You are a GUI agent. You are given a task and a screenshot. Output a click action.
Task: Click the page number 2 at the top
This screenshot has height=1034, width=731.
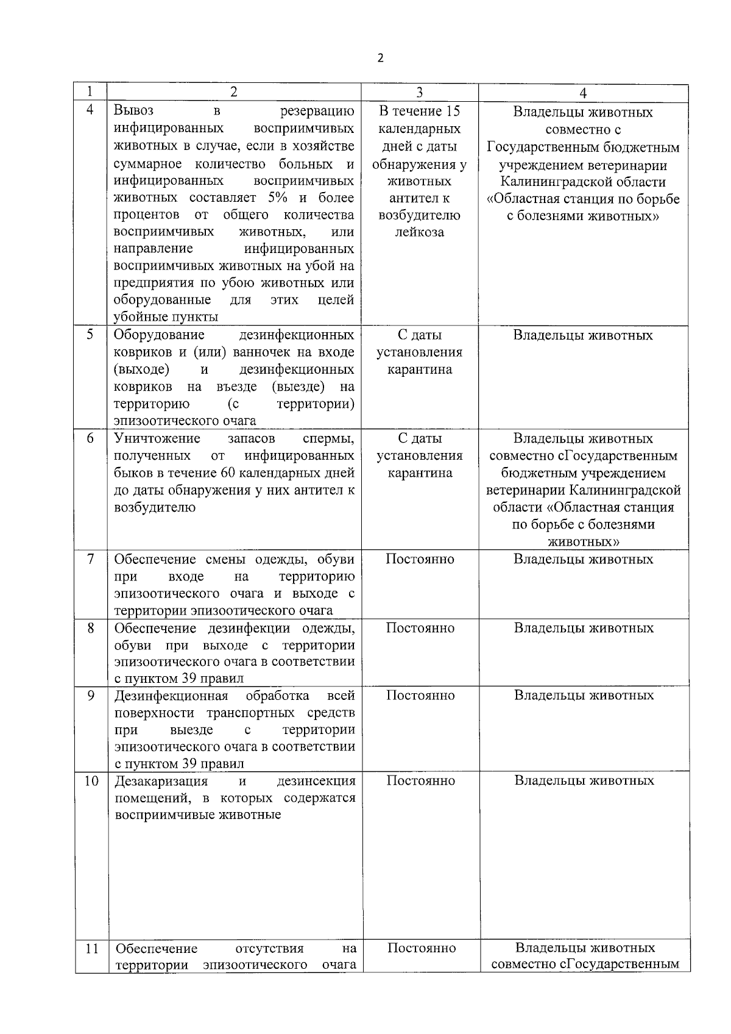tap(381, 59)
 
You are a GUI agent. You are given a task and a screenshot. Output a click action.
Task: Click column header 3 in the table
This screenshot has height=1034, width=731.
tap(419, 93)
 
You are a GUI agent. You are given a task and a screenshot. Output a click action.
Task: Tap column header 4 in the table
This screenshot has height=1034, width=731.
tap(583, 93)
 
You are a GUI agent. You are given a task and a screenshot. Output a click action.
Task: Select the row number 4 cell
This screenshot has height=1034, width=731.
tap(90, 110)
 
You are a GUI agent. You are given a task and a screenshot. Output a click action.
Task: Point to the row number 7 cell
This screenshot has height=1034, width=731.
tap(90, 559)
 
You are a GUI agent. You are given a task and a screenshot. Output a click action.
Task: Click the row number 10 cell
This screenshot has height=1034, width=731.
tap(91, 781)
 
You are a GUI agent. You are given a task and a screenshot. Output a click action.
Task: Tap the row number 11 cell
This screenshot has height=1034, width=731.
tap(91, 948)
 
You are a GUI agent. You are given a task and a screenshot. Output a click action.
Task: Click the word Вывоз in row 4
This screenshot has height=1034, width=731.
tap(133, 111)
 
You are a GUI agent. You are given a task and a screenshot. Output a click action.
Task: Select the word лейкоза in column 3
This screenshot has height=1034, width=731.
tap(419, 232)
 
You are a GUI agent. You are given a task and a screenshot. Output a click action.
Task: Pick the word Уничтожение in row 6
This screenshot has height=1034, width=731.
tap(157, 438)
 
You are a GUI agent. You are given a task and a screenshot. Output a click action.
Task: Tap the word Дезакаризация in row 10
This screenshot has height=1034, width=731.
tap(161, 782)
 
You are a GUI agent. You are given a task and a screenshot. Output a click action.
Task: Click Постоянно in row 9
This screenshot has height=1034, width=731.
tap(420, 696)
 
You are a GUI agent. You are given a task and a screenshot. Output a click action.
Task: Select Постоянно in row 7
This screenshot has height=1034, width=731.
tap(420, 559)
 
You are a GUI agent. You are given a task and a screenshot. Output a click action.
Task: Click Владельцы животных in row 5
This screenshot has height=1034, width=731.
tap(582, 335)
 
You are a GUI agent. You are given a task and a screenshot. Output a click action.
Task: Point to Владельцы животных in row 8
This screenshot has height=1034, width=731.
tap(583, 628)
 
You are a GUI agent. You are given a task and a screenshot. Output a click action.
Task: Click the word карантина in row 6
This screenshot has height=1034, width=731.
tap(420, 473)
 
